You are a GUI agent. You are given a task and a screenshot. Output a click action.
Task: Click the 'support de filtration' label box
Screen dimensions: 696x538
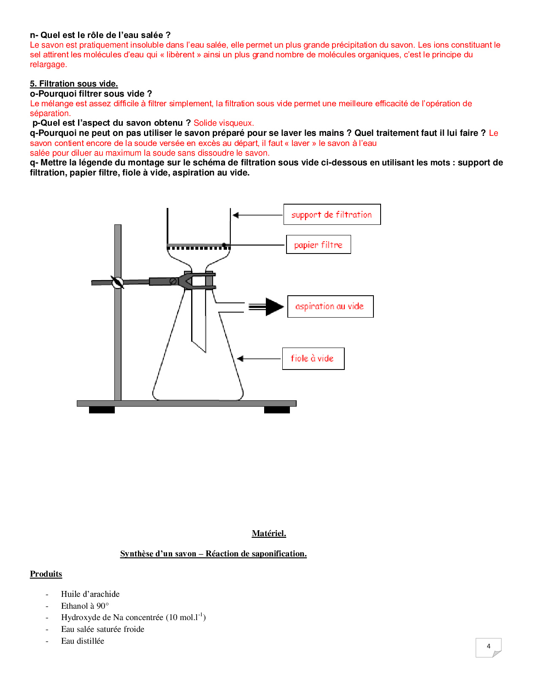[x=332, y=214]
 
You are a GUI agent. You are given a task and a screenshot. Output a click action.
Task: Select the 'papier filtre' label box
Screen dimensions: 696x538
[x=318, y=245]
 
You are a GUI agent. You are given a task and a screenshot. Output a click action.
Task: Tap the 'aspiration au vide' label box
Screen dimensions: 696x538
[x=330, y=306]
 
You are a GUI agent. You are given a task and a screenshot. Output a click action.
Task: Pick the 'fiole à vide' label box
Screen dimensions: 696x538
[x=313, y=359]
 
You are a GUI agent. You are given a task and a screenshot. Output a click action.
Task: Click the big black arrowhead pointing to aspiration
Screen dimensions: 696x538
[x=274, y=307]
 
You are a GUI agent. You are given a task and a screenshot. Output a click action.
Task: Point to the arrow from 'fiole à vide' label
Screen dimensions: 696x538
[x=259, y=359]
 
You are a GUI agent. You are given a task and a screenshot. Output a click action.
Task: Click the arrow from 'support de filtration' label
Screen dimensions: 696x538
[x=257, y=215]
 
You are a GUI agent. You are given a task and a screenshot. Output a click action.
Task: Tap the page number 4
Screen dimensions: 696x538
[x=488, y=646]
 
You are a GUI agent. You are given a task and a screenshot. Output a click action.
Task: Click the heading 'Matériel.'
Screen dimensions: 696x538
[x=269, y=533]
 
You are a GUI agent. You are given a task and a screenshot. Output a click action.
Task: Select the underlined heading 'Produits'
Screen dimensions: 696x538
[x=46, y=574]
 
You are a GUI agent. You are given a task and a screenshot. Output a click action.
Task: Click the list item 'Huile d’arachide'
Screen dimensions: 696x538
[x=90, y=594]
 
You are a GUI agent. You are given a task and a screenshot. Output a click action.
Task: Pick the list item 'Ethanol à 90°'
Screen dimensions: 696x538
[x=85, y=606]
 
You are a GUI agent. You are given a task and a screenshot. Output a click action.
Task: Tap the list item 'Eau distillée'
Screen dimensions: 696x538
[x=83, y=641]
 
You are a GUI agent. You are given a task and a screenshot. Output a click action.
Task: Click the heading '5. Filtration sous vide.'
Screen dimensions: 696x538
[x=74, y=84]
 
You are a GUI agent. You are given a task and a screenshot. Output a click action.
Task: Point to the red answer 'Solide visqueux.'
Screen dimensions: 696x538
[x=224, y=123]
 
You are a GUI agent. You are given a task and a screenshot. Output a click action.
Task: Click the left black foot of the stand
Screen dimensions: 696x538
[x=102, y=410]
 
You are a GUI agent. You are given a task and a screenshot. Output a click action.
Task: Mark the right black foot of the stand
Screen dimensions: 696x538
[x=277, y=410]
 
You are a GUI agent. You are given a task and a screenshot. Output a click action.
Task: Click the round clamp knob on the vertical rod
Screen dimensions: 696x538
[x=117, y=282]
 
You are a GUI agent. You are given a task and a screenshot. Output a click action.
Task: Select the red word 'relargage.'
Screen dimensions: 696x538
[x=48, y=65]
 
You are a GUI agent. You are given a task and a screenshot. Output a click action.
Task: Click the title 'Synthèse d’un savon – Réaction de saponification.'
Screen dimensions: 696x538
[x=213, y=553]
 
